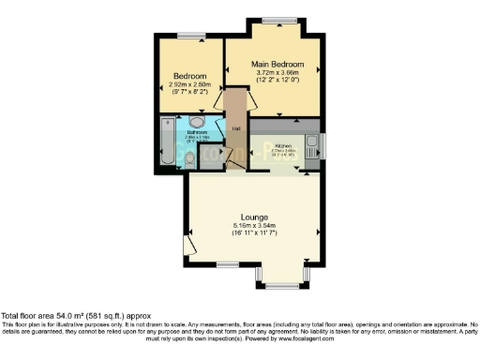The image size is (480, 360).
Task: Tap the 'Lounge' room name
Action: (x=255, y=216)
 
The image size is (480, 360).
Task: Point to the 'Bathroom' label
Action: (x=197, y=133)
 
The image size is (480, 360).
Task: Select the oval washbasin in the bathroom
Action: (x=198, y=122)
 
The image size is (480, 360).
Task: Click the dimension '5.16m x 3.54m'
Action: (x=255, y=225)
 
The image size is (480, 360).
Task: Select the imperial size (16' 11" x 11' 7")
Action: (x=255, y=233)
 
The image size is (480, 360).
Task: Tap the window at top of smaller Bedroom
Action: (x=191, y=37)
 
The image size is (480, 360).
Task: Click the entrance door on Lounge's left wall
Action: (x=189, y=245)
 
